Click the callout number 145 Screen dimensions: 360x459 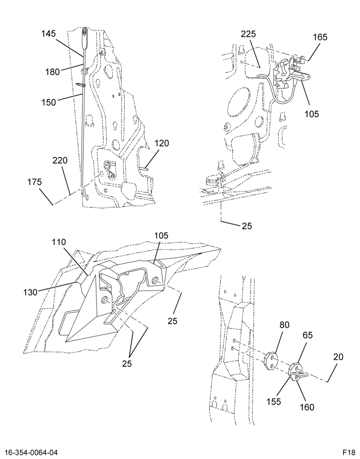pos(48,34)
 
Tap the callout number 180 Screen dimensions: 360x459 pos(53,72)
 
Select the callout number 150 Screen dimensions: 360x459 pos(49,102)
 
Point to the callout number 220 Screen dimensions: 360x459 pos(60,160)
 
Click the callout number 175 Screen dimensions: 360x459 pos(34,182)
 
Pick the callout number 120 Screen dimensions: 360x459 pos(162,143)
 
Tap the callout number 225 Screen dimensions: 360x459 pos(248,34)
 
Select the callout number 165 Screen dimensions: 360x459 pos(320,38)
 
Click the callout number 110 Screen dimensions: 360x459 pos(59,242)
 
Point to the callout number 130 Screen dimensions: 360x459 pos(31,292)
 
